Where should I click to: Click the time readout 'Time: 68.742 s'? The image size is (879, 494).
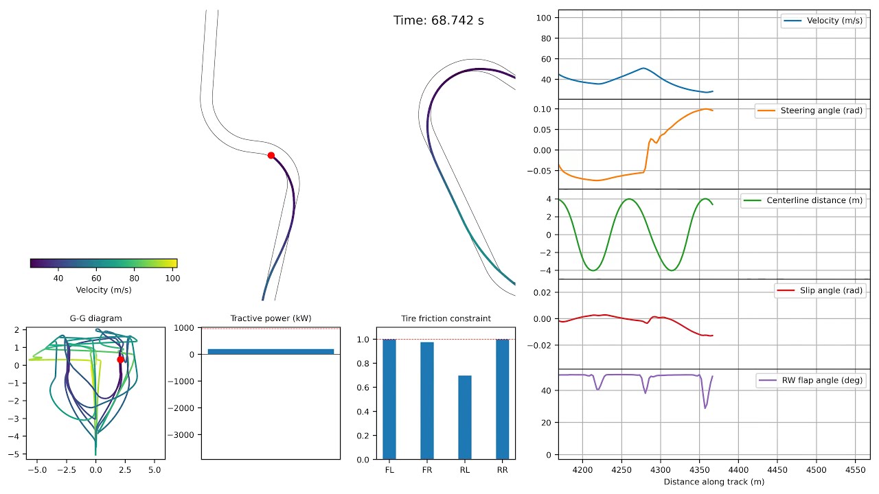pos(438,21)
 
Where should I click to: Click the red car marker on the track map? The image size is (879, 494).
pos(271,156)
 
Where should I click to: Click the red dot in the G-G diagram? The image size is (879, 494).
pos(120,360)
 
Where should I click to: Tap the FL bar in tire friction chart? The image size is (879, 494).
pos(389,399)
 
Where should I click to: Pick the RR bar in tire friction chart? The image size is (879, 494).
pos(502,399)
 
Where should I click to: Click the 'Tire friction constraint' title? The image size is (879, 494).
pos(446,318)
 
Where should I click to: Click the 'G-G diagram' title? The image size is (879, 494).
pos(96,318)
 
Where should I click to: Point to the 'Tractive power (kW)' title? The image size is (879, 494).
pos(271,318)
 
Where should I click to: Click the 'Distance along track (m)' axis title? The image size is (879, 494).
pos(714,482)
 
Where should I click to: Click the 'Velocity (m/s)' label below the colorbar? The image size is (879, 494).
pos(103,290)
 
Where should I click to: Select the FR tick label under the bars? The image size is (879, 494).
pos(426,470)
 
